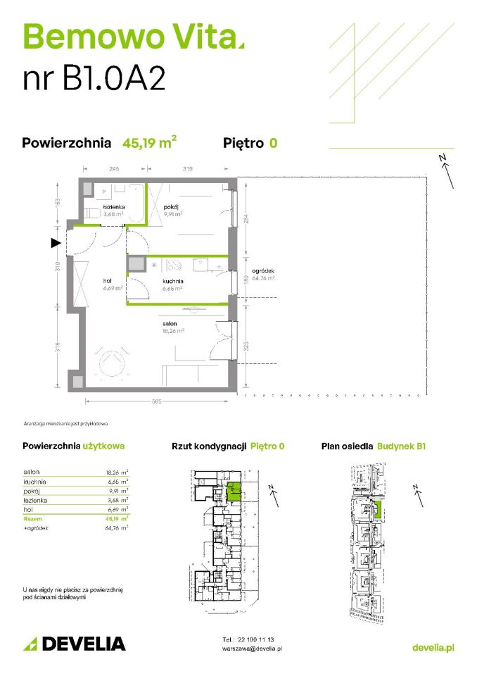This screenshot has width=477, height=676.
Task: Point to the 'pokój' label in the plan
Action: tap(172, 206)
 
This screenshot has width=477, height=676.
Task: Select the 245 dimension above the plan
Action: tap(114, 168)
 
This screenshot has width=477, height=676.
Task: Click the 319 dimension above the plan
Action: tap(186, 168)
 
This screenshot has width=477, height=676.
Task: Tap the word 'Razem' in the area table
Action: tap(32, 518)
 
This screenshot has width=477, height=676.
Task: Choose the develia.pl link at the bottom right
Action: tap(432, 646)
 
